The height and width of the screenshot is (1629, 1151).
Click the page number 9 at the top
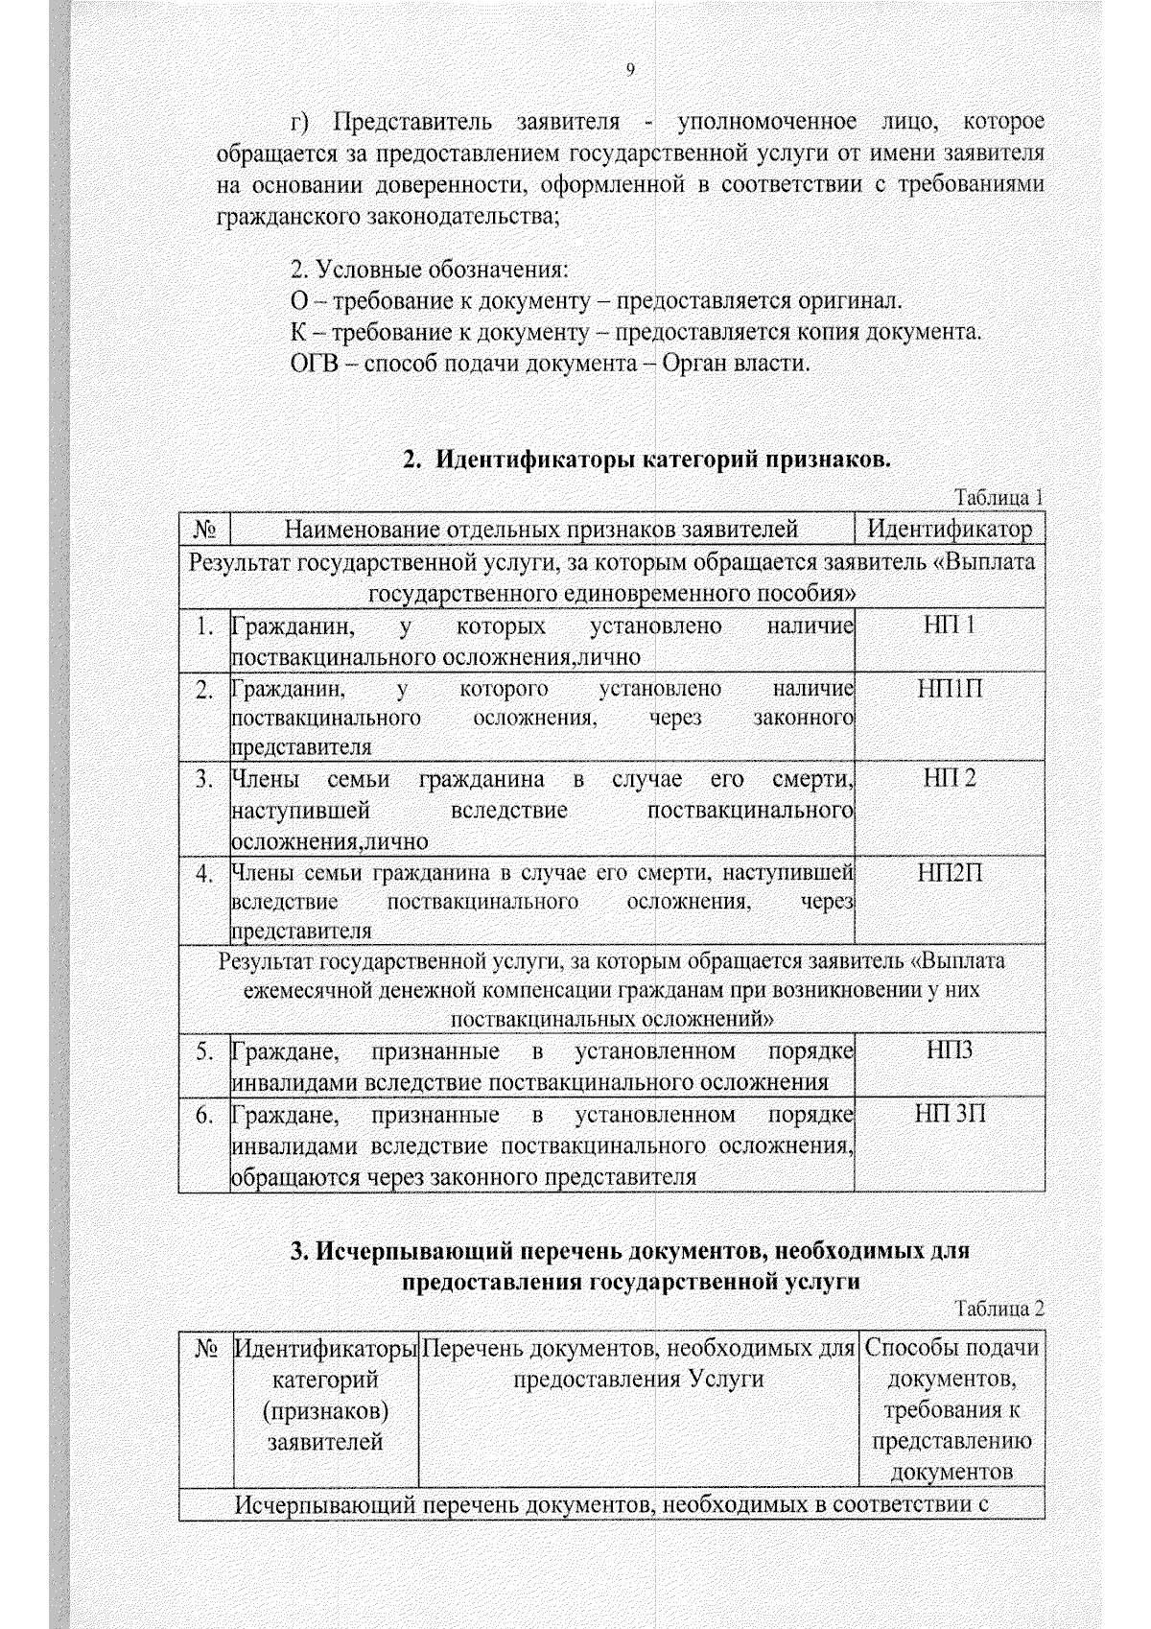(630, 69)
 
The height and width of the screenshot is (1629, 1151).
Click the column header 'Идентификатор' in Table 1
(950, 530)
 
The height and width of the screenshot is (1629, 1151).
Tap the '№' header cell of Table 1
(204, 530)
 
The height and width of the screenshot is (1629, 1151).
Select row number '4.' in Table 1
(203, 874)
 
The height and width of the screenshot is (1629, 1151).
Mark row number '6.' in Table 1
(203, 1116)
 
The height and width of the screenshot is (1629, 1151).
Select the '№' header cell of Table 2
(205, 1349)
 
